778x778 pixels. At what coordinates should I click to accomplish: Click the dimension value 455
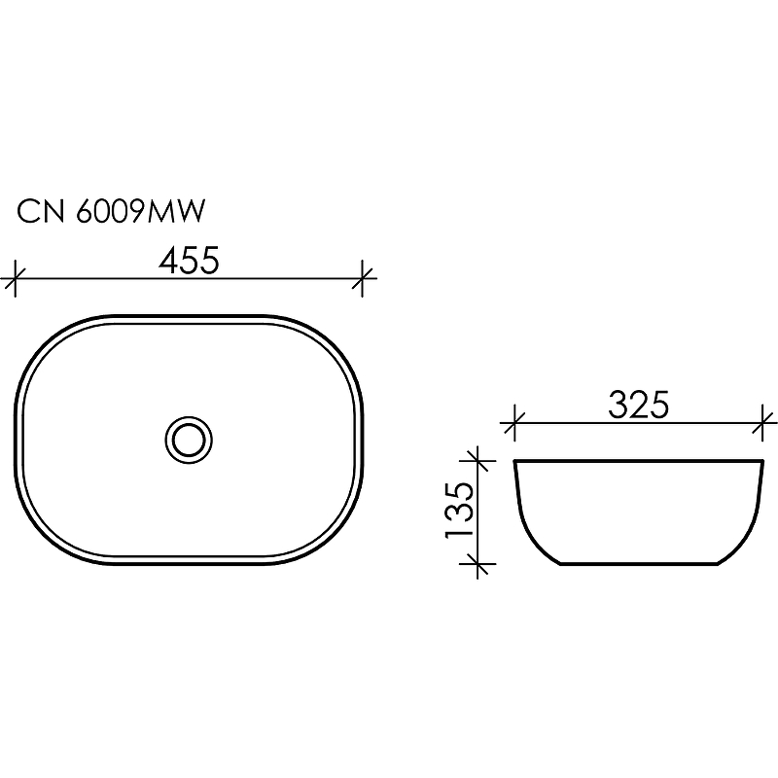pos(189,261)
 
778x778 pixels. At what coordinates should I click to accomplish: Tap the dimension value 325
pos(638,404)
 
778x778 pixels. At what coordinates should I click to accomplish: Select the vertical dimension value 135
pos(461,510)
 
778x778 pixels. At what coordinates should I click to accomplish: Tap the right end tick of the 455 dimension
pos(364,280)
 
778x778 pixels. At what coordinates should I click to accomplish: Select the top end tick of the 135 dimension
pos(477,459)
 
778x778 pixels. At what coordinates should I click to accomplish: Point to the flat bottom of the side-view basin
pos(638,563)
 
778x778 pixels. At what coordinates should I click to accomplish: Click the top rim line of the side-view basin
pos(638,460)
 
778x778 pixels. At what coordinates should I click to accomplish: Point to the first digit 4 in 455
pos(167,261)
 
